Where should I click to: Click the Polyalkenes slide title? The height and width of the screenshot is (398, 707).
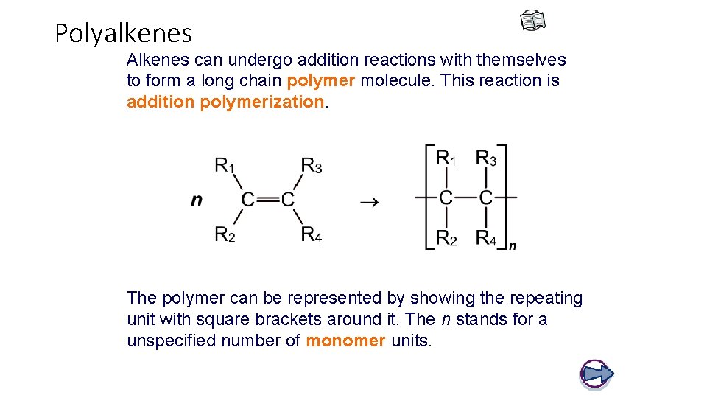(123, 33)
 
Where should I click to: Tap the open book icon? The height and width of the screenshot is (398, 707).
(532, 22)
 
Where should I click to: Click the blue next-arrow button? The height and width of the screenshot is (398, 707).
(597, 374)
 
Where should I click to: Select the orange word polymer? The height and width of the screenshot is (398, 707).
(321, 80)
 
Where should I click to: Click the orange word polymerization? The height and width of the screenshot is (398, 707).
(262, 102)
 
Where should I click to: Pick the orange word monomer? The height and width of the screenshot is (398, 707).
(345, 341)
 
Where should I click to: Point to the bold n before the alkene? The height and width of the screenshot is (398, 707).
(197, 200)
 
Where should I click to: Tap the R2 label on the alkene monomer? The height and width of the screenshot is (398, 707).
(224, 234)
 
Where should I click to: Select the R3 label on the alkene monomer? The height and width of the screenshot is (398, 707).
(311, 165)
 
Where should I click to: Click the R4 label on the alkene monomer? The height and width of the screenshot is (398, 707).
(311, 234)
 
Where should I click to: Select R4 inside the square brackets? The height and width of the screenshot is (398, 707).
(486, 237)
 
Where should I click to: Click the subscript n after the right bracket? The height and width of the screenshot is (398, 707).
(513, 245)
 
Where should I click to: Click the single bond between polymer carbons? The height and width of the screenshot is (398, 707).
(466, 198)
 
